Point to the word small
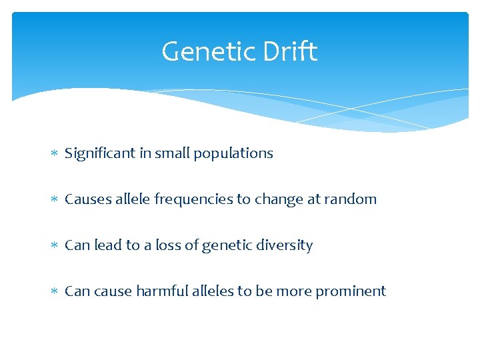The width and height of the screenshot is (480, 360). click(x=171, y=153)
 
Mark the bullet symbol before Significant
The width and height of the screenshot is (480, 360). click(x=55, y=154)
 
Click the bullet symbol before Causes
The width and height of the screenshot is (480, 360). click(x=55, y=200)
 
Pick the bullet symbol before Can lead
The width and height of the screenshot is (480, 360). click(x=55, y=246)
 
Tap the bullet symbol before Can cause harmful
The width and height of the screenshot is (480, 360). click(x=55, y=292)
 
